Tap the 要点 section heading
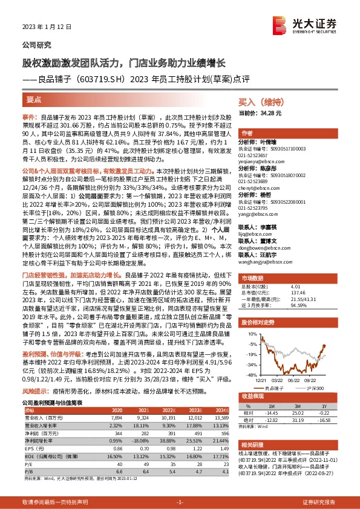pyautogui.click(x=34, y=100)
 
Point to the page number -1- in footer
pyautogui.click(x=180, y=501)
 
